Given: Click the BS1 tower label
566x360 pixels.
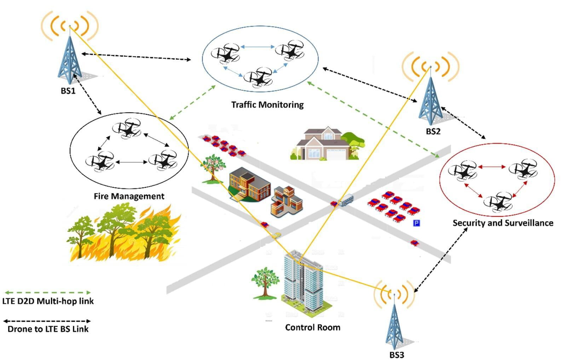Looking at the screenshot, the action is pos(68,91).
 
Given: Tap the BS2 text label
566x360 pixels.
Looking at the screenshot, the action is pos(433,131).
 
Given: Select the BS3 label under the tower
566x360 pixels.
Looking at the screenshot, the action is pos(397,355).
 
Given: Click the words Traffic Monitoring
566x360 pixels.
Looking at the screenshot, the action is pos(267,105).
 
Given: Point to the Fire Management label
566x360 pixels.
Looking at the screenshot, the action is pos(129,196).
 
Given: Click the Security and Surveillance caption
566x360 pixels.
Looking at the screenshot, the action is pos(503,223).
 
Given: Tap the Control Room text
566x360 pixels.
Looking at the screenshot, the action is pos(313,327).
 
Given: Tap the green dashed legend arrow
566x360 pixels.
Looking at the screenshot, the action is pos(47,292).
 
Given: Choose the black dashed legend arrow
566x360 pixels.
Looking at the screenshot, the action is pos(47,321).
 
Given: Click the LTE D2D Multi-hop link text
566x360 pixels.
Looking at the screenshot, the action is pos(48,301).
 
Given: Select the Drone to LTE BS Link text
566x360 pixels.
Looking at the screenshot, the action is pos(48,329).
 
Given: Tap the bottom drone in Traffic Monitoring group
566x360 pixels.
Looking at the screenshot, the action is pos(258,77).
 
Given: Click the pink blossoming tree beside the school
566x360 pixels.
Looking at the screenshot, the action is pos(213,168).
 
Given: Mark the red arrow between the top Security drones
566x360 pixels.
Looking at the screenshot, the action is pos(492,167).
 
